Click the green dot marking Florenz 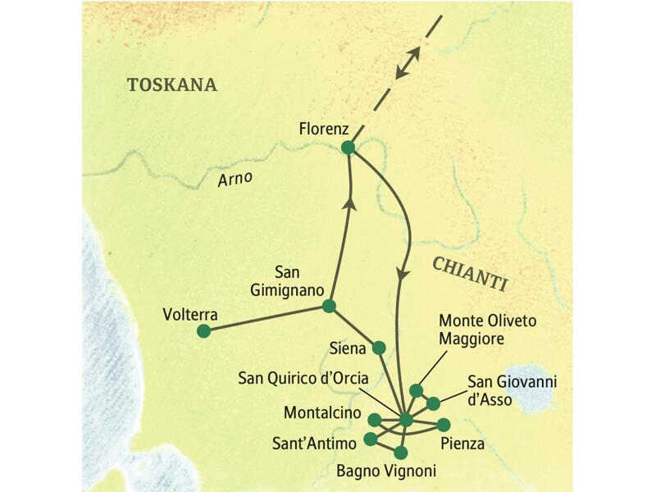click(348, 148)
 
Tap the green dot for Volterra click(203, 331)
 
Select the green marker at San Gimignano click(329, 306)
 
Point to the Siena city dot click(379, 348)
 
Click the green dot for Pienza click(444, 425)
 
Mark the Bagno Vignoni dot click(400, 453)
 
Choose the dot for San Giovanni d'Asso click(433, 403)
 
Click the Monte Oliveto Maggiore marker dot click(417, 390)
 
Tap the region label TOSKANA click(171, 84)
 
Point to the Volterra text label click(189, 313)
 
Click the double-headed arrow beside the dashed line click(408, 63)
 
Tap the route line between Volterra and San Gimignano click(266, 318)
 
